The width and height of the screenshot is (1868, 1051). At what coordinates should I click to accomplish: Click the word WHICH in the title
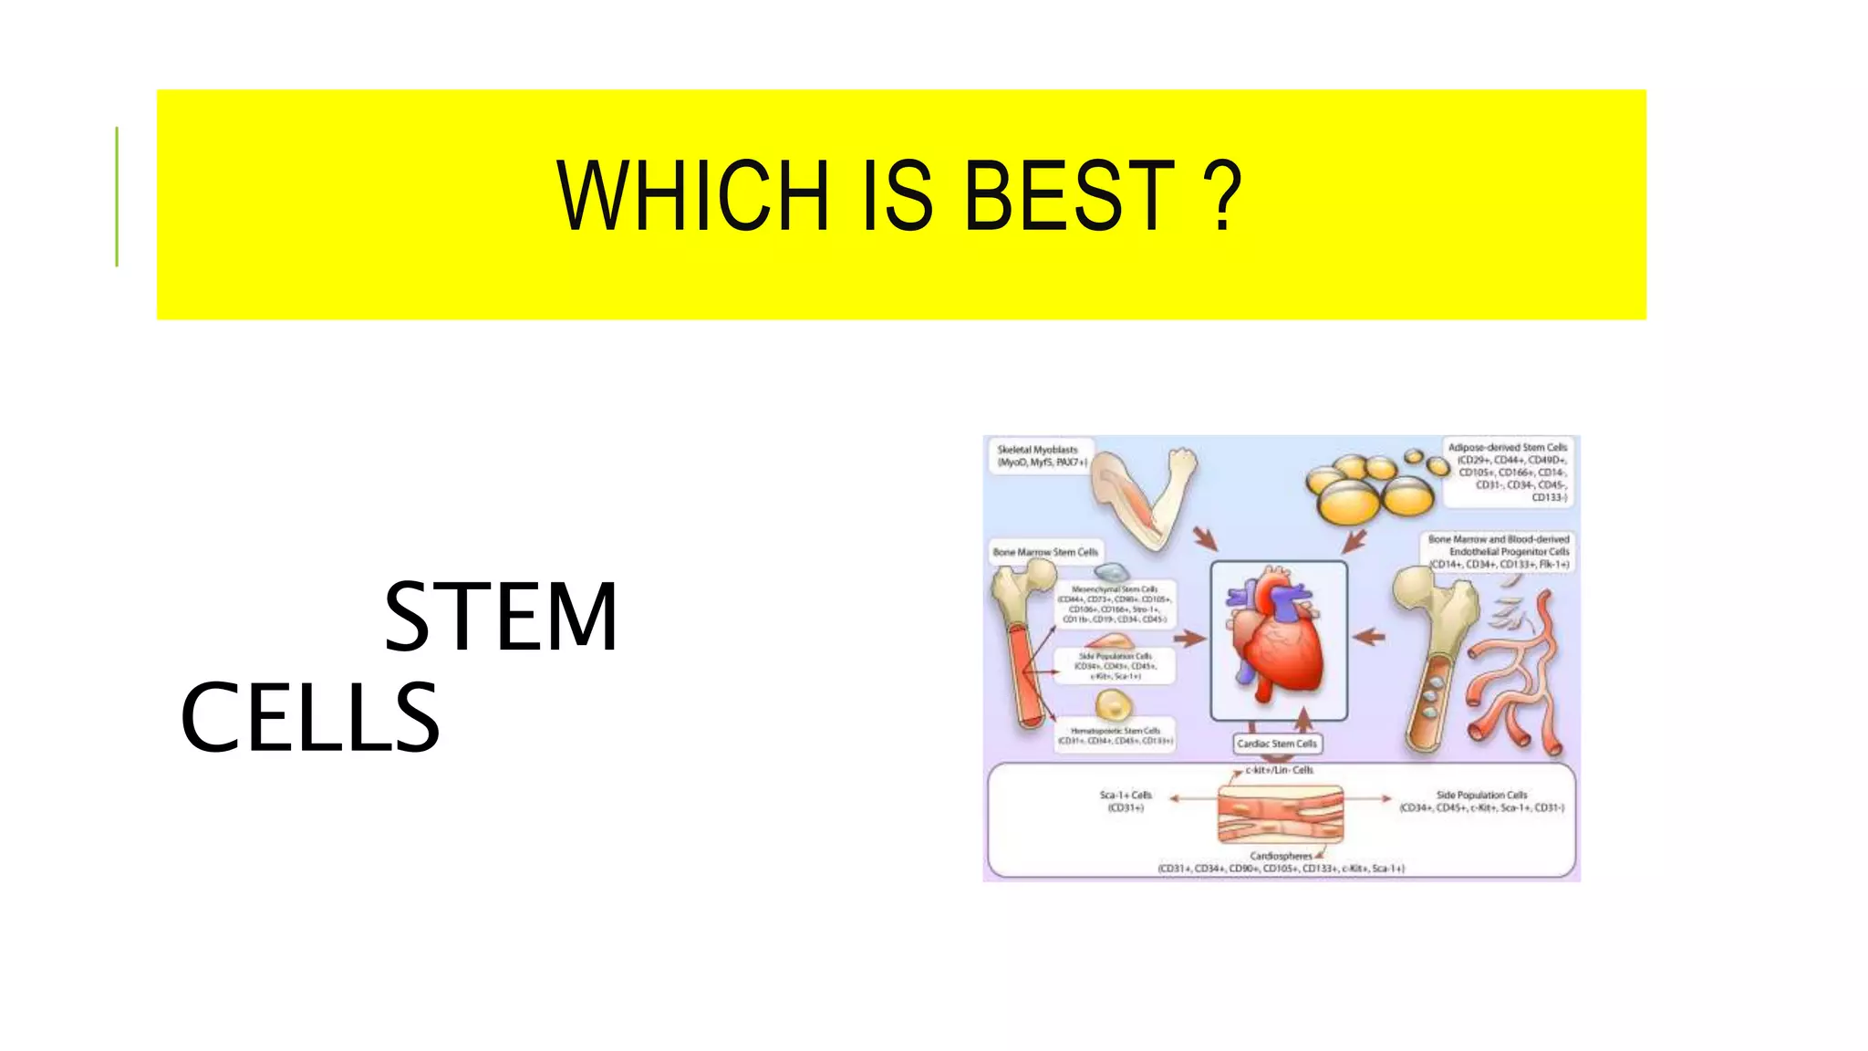(x=693, y=196)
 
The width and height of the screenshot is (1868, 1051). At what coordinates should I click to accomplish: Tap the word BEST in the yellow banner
(x=1069, y=196)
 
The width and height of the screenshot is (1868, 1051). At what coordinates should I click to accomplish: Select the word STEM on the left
(x=501, y=618)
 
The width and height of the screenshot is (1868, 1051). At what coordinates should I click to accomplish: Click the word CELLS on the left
(x=310, y=718)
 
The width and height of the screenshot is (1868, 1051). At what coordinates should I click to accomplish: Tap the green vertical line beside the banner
(x=117, y=196)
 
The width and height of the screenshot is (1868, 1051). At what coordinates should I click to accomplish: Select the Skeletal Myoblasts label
(x=1039, y=456)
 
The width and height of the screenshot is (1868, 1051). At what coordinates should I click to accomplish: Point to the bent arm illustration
(x=1145, y=497)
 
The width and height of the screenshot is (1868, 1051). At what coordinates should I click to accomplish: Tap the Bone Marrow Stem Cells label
(x=1045, y=552)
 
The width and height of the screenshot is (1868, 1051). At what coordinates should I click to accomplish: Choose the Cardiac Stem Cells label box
(x=1277, y=744)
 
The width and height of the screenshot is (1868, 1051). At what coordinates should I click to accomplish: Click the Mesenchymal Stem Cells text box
(x=1115, y=605)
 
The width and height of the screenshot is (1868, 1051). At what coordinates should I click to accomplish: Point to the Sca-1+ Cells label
(x=1126, y=801)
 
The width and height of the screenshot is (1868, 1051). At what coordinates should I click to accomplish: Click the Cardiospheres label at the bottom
(x=1281, y=856)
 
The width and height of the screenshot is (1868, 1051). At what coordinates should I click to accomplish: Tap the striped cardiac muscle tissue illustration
(x=1281, y=815)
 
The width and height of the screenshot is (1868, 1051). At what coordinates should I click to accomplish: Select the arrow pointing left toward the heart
(x=1368, y=637)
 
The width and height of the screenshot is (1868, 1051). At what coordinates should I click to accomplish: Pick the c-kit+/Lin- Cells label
(x=1279, y=770)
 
